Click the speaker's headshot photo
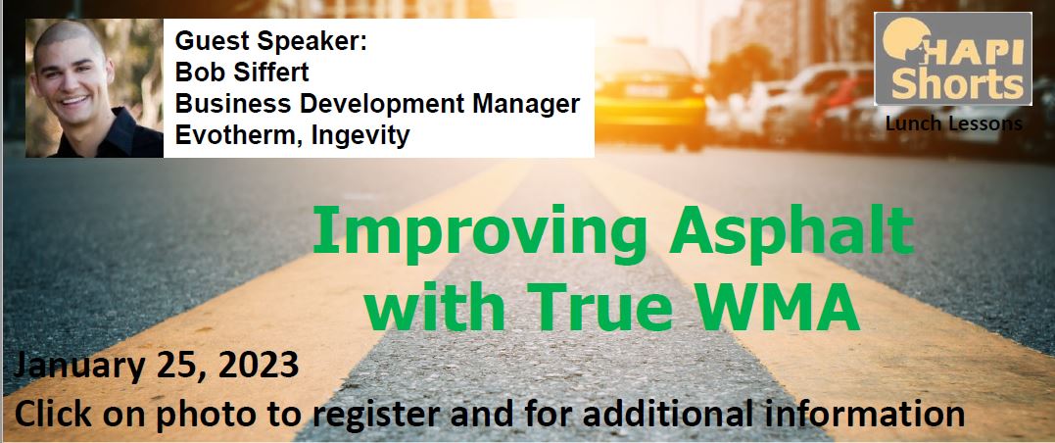pyautogui.click(x=94, y=87)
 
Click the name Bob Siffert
pyautogui.click(x=242, y=73)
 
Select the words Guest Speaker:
pyautogui.click(x=271, y=41)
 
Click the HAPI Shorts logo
pyautogui.click(x=953, y=59)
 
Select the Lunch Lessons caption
pyautogui.click(x=953, y=123)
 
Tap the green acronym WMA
pyautogui.click(x=783, y=307)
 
